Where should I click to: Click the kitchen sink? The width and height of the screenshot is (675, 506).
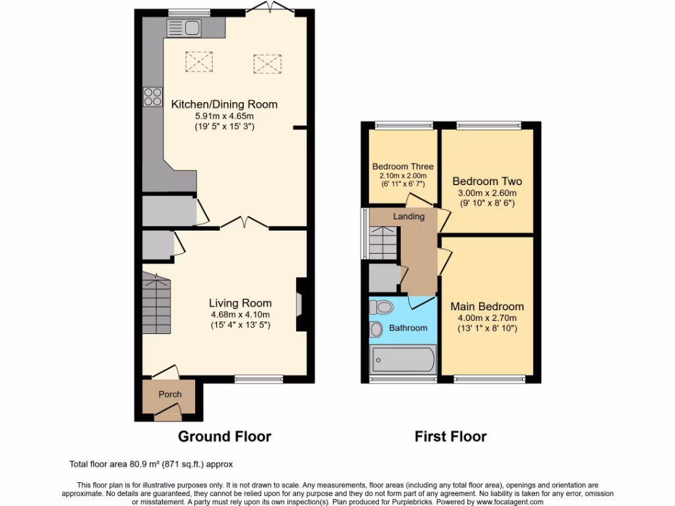(184, 28)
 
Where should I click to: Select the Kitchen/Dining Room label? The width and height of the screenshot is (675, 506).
(224, 104)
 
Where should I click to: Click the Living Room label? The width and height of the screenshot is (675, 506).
(240, 303)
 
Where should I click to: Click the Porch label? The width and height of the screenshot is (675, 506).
(169, 394)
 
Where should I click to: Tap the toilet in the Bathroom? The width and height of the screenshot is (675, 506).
(382, 306)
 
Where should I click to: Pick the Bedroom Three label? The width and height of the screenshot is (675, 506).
(402, 167)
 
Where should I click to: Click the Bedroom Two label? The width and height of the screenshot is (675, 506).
(486, 181)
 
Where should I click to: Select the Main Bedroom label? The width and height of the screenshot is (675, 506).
(487, 306)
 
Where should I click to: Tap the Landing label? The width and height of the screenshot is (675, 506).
(409, 216)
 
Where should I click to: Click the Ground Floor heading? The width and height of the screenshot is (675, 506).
(225, 436)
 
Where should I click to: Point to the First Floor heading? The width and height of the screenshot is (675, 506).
(450, 436)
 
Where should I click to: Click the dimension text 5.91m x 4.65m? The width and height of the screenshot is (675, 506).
(224, 116)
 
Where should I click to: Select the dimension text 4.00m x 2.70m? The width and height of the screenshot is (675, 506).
(487, 318)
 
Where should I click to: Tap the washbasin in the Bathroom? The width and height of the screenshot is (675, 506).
(377, 329)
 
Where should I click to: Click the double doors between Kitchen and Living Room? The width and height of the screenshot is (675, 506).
(244, 224)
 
